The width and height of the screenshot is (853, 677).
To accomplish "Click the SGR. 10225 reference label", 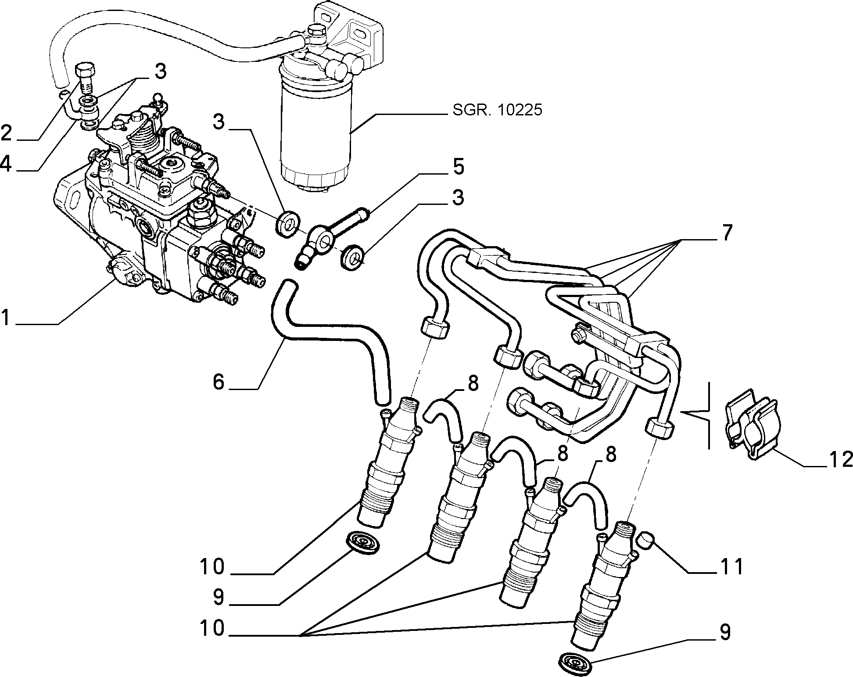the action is click(498, 110).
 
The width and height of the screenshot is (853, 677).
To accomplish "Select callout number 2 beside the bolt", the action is click(7, 132).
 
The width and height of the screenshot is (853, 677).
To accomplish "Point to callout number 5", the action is click(458, 167).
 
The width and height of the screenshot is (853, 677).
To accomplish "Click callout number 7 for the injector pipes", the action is click(727, 232).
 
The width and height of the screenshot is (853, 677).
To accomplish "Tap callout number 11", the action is click(731, 566).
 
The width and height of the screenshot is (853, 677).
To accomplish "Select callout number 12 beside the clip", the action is click(839, 459).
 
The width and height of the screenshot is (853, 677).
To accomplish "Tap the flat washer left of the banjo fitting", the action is click(288, 222).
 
